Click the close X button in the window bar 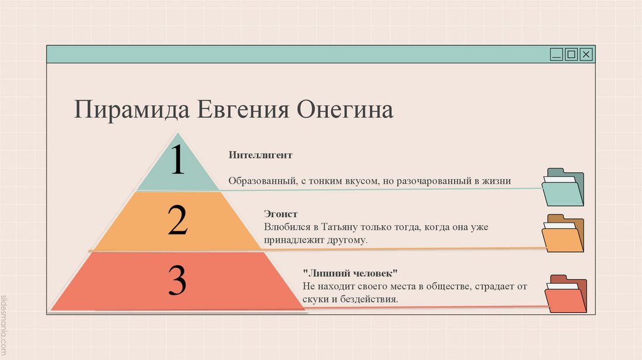(586, 55)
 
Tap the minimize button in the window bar (556, 55)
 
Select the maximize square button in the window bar (571, 55)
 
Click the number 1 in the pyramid (178, 160)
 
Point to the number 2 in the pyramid (178, 220)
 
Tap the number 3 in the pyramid (178, 280)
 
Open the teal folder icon (562, 188)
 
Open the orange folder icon (562, 233)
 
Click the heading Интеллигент (260, 154)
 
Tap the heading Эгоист (280, 214)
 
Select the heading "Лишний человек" (350, 273)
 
